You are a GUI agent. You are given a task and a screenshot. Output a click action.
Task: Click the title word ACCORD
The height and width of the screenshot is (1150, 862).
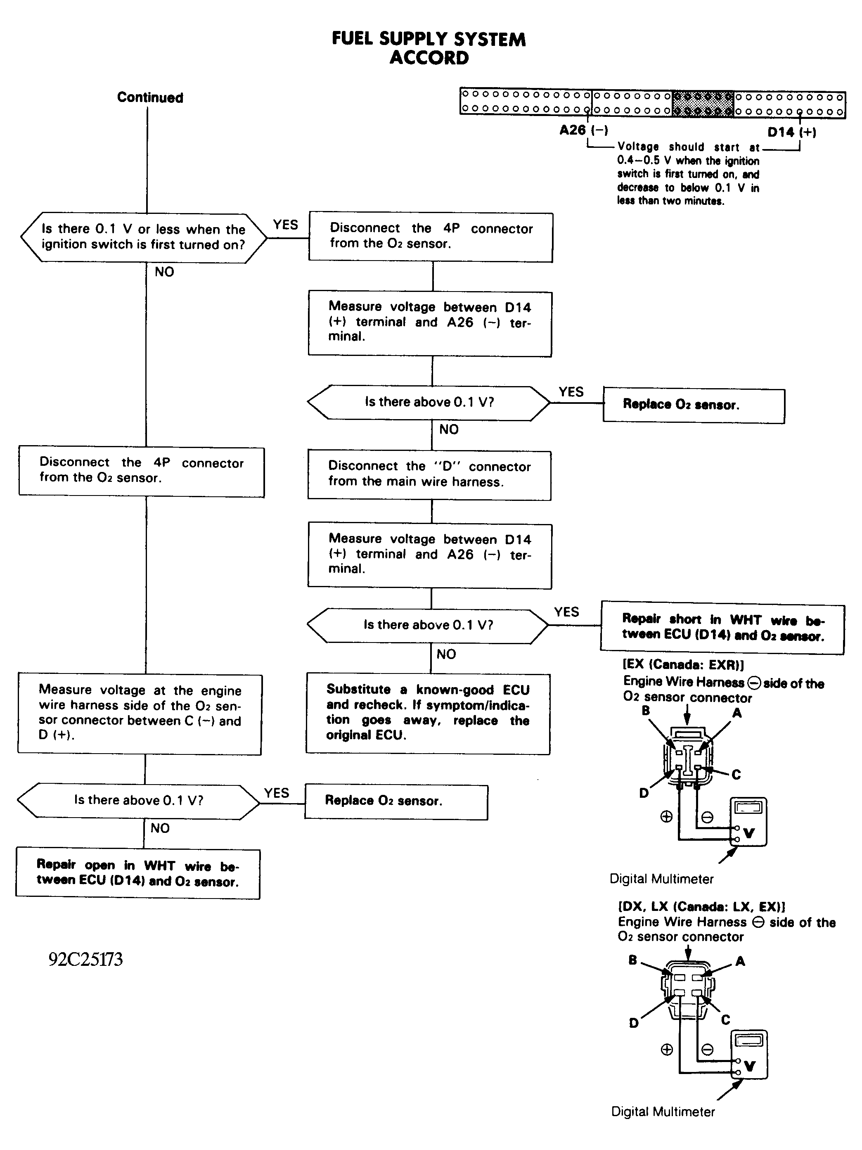[429, 58]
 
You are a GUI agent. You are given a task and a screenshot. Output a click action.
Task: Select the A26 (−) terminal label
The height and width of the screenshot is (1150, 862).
[583, 130]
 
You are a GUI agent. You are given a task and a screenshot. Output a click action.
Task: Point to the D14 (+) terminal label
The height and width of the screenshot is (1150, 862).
[792, 132]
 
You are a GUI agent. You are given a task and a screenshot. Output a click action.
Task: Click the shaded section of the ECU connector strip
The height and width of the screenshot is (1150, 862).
[702, 104]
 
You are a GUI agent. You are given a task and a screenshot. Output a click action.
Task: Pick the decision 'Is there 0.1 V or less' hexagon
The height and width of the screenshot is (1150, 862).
[144, 237]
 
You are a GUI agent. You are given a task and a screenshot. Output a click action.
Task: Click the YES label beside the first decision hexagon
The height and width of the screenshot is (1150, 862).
[285, 225]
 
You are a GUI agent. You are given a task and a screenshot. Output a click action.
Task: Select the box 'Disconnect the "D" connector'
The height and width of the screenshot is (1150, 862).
[429, 475]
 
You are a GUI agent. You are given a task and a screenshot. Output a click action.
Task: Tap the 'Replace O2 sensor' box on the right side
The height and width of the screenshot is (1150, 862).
[694, 405]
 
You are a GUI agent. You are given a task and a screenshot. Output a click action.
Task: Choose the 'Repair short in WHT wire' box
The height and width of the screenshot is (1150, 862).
[722, 628]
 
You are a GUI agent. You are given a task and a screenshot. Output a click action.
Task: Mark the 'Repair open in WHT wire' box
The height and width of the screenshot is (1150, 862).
[138, 874]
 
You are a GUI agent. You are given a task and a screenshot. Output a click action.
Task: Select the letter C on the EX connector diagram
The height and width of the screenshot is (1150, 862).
[736, 775]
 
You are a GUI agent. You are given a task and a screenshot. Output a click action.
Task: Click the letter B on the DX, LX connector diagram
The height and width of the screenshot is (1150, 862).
[633, 960]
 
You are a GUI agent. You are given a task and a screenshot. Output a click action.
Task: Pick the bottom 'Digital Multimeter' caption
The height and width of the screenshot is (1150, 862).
[663, 1112]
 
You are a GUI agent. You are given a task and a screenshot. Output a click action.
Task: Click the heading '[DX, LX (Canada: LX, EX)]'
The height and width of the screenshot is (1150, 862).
[701, 907]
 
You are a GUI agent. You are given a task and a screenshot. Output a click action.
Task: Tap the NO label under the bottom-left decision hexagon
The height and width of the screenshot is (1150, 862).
[160, 828]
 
